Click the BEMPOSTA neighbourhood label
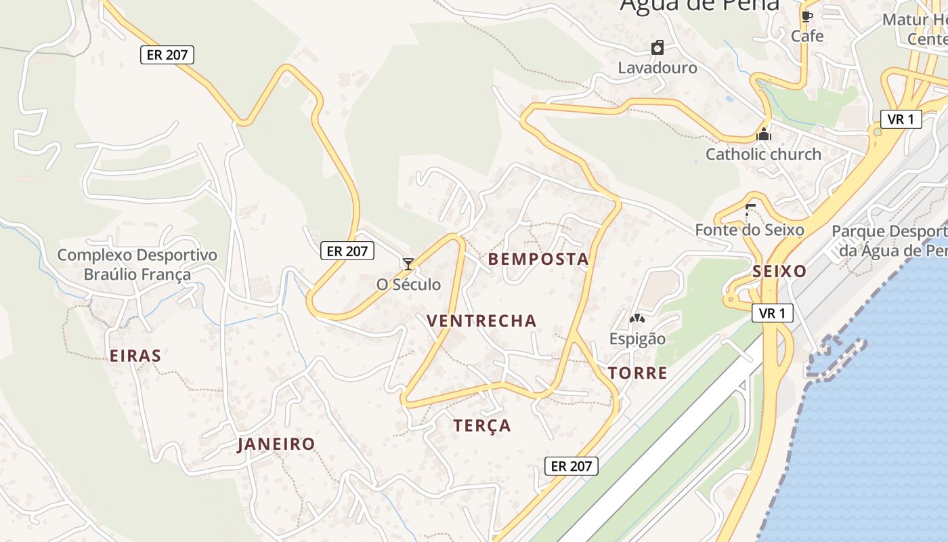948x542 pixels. coord(538,259)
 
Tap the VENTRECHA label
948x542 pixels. coord(481,320)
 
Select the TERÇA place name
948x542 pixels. coord(482,425)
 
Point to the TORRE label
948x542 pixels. coord(637,373)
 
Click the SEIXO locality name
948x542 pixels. coord(779,272)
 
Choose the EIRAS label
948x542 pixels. coord(135,356)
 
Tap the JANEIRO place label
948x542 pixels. coord(276,444)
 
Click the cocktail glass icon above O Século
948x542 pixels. coord(408,264)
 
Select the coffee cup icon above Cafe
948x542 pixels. coord(806,16)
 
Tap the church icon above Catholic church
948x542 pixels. coord(764,134)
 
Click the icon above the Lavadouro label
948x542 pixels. coord(657,47)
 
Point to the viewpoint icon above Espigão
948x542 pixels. coord(637,318)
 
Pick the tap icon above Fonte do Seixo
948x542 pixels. coord(749,209)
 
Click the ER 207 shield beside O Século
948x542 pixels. coord(347,251)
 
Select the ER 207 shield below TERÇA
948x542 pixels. coord(572,465)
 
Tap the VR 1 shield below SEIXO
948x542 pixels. coord(772,313)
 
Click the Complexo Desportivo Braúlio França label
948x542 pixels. coord(137,265)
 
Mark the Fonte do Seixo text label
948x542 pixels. coord(750,230)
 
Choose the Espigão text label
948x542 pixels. coord(637,339)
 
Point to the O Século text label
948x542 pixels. coord(408,285)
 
